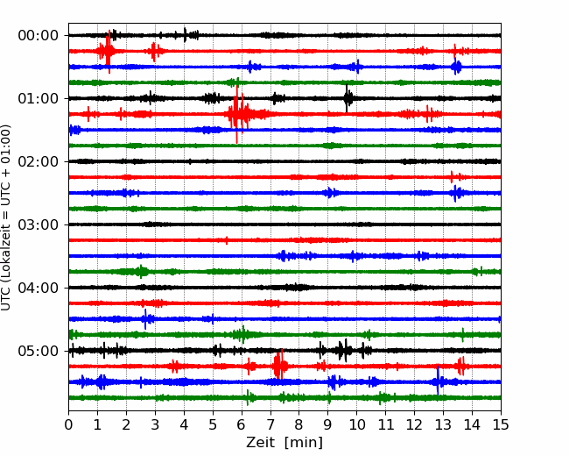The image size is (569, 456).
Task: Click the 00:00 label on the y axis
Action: coord(38,35)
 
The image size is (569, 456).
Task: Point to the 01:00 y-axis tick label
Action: coord(38,98)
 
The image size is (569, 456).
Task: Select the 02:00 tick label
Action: coord(38,161)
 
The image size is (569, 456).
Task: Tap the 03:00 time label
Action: coord(38,224)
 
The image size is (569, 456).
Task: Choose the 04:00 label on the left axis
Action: coord(38,288)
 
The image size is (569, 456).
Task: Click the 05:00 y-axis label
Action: coord(38,351)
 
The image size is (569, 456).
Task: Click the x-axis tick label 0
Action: coord(69,425)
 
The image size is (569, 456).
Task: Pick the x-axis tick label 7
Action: coord(270,425)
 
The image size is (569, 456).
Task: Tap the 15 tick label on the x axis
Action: coord(501,425)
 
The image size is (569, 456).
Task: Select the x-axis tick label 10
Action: coord(356,425)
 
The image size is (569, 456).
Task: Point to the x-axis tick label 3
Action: coord(156,425)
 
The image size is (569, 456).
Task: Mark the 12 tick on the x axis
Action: coord(414,425)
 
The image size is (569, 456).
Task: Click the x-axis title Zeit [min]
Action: coord(284,443)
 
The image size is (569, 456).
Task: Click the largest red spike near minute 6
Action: coord(236,114)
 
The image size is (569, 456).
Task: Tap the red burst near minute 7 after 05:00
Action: coord(279,366)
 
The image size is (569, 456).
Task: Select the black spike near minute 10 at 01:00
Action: coord(348,98)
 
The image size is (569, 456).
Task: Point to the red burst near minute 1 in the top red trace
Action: coord(108,51)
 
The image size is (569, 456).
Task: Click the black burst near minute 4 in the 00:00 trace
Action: coord(185,35)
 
